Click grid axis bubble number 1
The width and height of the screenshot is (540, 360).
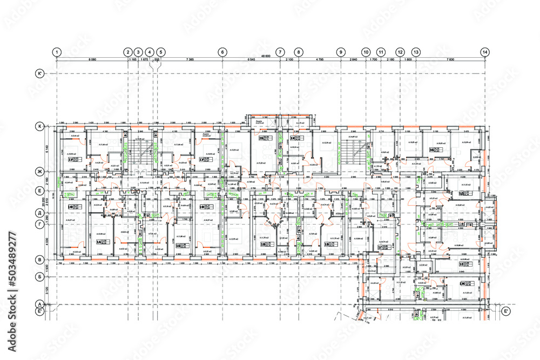[x=57, y=52]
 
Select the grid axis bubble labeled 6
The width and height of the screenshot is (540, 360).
[x=222, y=52]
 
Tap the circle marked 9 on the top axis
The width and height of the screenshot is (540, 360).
[x=340, y=52]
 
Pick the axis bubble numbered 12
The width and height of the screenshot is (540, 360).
[x=400, y=52]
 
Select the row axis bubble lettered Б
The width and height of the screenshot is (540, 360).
[x=39, y=275]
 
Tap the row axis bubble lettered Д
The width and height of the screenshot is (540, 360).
[x=39, y=212]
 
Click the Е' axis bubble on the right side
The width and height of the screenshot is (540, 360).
[x=506, y=311]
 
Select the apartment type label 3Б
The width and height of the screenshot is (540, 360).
[x=432, y=150]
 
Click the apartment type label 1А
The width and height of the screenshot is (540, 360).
[x=99, y=242]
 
